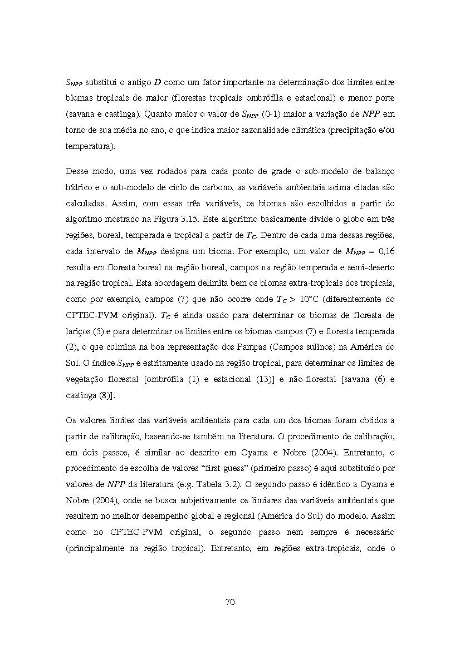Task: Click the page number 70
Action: [230, 602]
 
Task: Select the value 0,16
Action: [384, 251]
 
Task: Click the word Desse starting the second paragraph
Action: [79, 171]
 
